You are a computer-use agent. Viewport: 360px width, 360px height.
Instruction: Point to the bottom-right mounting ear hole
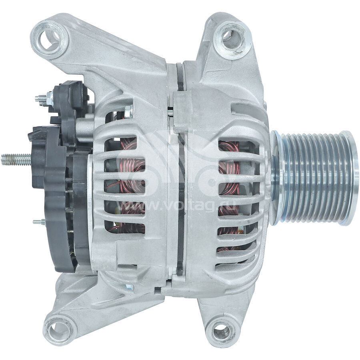click(x=222, y=330)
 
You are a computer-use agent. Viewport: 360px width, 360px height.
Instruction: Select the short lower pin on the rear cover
click(x=39, y=222)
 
